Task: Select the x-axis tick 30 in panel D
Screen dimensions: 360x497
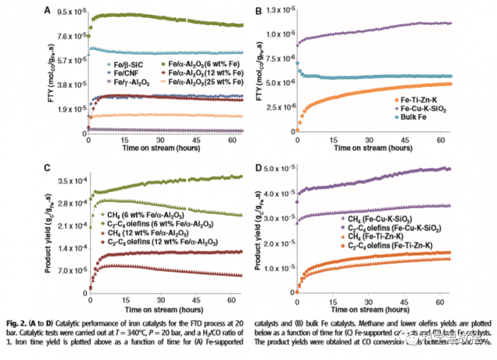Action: tap(368, 303)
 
